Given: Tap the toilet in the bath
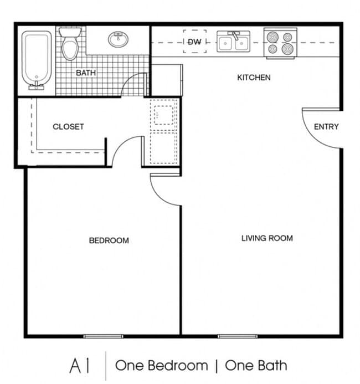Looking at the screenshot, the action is [x=70, y=44].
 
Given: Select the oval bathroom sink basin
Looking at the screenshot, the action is [x=118, y=39].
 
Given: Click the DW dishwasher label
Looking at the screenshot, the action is [x=195, y=42].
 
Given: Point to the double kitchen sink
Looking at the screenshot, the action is [x=234, y=42].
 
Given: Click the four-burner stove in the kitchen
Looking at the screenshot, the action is [x=280, y=43].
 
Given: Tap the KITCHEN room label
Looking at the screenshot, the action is [x=254, y=78].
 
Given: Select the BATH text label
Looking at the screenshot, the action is [x=86, y=73].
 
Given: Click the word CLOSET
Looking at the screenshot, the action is [x=68, y=126].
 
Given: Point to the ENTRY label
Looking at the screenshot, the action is [x=326, y=126].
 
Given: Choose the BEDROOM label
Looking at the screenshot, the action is [x=109, y=240].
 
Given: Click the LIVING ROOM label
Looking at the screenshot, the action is [x=267, y=238].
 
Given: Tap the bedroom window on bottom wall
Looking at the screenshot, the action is [x=103, y=336].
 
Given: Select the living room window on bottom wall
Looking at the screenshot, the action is [x=238, y=336].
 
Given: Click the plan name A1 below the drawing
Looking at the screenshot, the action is [x=80, y=366].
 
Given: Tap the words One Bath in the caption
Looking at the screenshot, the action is [x=256, y=366].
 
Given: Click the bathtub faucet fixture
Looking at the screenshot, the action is [x=37, y=86].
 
